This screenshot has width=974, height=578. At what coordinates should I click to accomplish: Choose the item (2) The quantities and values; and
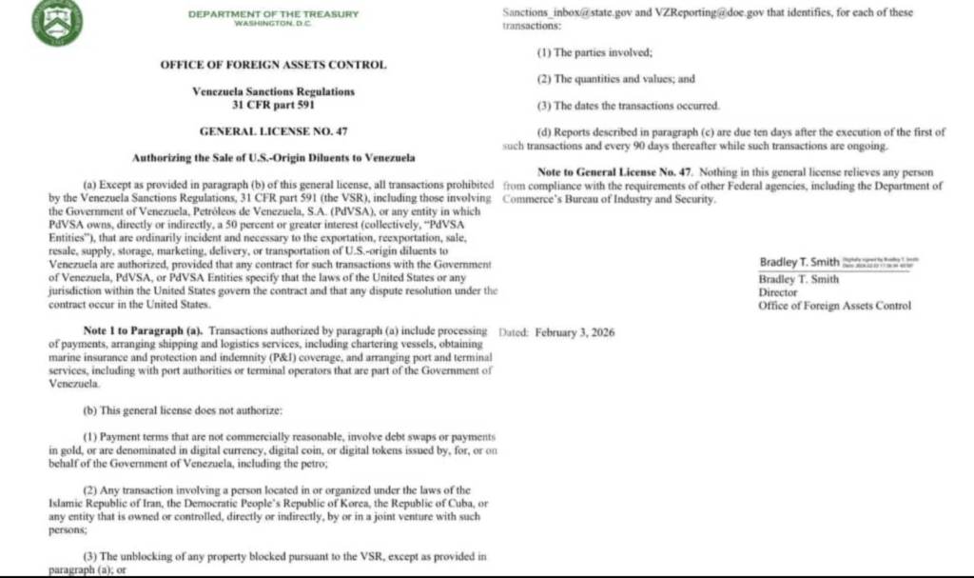click(x=616, y=79)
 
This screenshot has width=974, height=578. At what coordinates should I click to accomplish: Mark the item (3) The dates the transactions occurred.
click(x=628, y=105)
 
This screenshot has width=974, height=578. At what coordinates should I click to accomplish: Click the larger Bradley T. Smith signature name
click(x=797, y=262)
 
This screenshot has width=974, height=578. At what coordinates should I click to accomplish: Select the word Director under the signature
click(x=779, y=292)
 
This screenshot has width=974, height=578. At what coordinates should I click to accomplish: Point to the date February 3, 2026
click(x=575, y=332)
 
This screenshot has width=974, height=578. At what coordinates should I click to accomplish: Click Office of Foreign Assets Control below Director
click(x=834, y=306)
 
